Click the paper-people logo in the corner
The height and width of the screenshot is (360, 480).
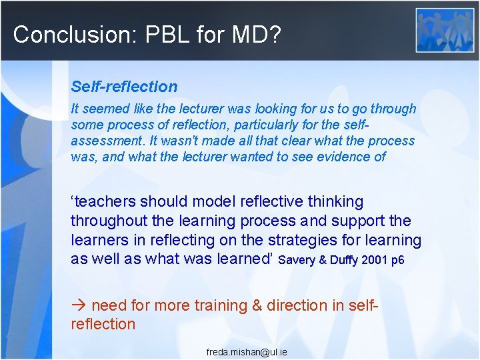click(x=445, y=30)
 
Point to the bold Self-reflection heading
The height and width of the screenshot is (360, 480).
click(x=125, y=86)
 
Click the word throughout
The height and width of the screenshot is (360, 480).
click(x=109, y=221)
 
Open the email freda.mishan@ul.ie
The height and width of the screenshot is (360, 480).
click(x=247, y=351)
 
